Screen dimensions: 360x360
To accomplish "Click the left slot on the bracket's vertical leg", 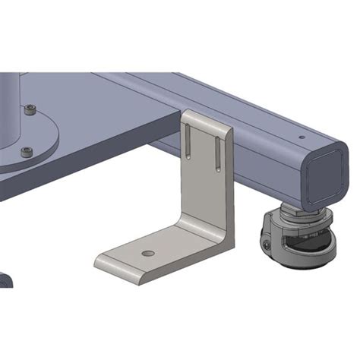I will [x=187, y=140].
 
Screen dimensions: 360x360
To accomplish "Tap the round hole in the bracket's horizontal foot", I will [x=148, y=253].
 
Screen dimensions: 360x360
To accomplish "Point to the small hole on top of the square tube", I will [x=302, y=137].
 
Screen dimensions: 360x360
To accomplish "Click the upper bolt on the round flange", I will [x=30, y=111].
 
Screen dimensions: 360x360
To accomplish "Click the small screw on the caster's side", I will [x=267, y=245].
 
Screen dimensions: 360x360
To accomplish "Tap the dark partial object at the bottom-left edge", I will [x=5, y=279].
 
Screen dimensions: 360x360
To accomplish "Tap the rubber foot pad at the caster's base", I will [x=296, y=262].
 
